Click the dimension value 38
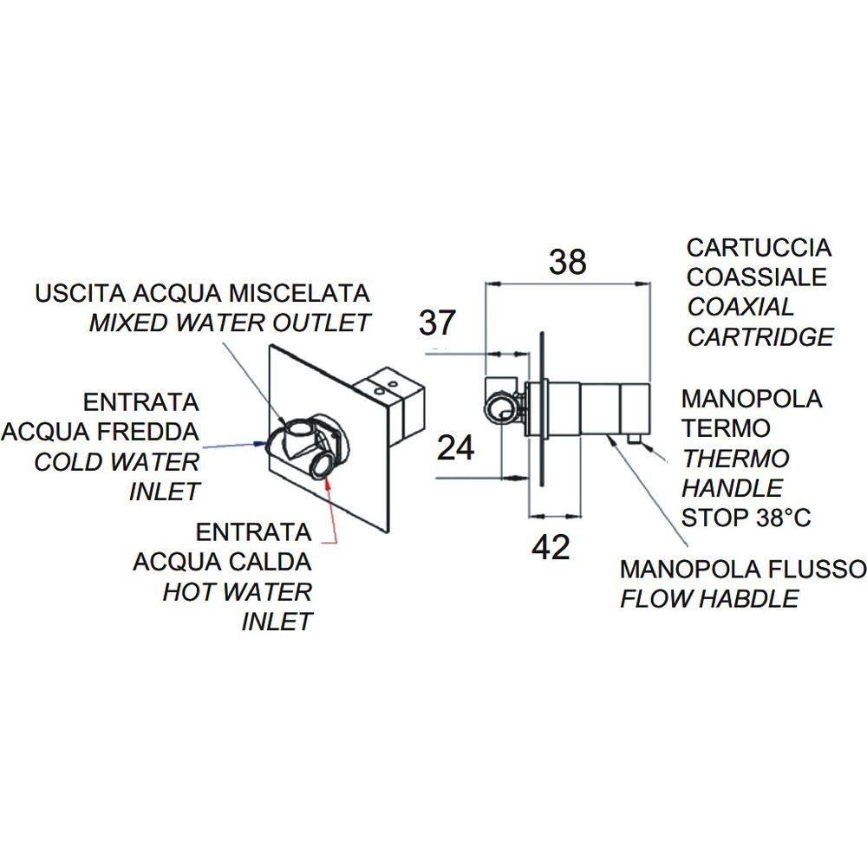[568, 261]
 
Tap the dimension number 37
[437, 323]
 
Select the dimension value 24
[455, 448]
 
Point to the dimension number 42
[550, 547]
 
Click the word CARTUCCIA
[759, 248]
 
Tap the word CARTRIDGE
[759, 336]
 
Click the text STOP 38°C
[746, 518]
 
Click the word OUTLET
[323, 323]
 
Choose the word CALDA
[271, 562]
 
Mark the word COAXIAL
[740, 307]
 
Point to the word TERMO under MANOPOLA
[726, 428]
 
